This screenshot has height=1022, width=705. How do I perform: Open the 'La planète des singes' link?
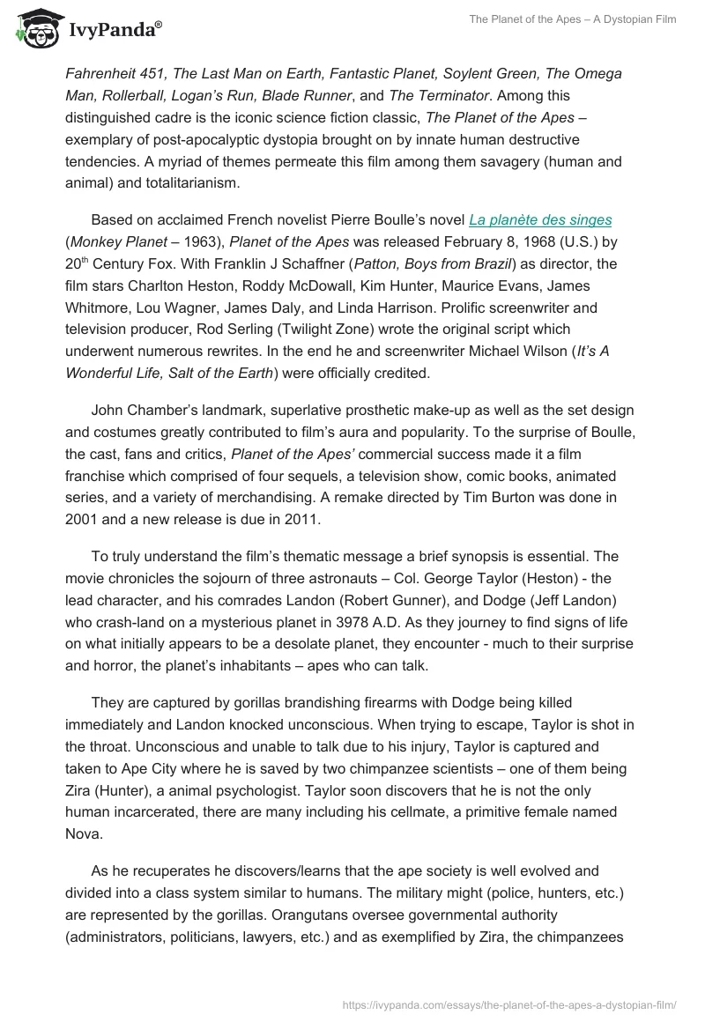click(540, 219)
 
